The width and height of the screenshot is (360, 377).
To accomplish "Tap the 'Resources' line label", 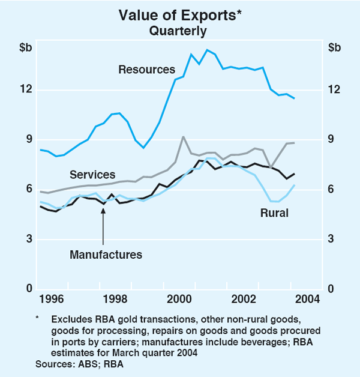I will coord(146,70).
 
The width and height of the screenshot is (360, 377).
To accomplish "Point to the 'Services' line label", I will coord(92,175).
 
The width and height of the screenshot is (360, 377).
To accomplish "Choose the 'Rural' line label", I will coord(274,213).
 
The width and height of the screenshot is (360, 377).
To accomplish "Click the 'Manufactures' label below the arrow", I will coord(106,255).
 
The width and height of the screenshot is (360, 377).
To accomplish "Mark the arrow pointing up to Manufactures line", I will coord(103,226).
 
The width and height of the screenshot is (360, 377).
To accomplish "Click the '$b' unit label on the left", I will coord(25,47).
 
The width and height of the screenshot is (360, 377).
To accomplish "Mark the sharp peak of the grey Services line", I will coord(183,137).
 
